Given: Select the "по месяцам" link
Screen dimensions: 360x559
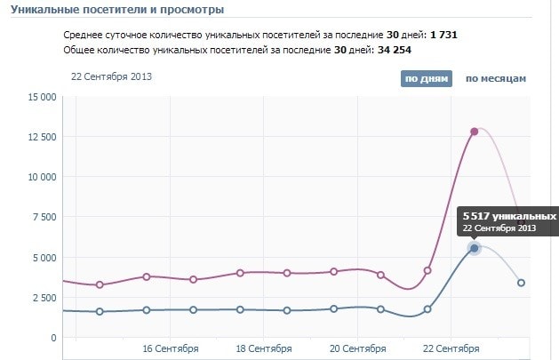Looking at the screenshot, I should pos(496,78).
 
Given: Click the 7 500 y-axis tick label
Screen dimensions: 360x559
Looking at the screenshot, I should pos(44,217).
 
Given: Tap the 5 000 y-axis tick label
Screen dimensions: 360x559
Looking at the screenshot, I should pos(44,258).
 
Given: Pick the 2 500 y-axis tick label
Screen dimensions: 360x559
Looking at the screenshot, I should pos(44,298).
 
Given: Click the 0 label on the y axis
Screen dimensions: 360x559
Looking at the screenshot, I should pos(52,338).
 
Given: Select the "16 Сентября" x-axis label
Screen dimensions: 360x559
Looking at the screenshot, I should pos(171,348).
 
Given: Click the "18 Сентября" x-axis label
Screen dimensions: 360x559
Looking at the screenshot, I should pos(264,348).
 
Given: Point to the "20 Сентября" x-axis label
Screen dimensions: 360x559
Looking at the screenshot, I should pos(357,348).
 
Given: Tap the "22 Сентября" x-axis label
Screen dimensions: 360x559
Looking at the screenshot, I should pos(451,348).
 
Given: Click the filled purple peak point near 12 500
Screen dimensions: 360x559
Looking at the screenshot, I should pos(475,132).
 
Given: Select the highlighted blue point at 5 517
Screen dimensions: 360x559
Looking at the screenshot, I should pos(475,248).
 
